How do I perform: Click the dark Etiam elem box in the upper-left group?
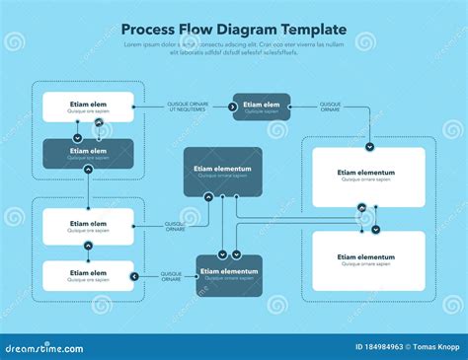click(x=88, y=153)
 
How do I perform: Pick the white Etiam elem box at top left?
click(x=88, y=107)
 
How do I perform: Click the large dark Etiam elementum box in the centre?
click(x=223, y=172)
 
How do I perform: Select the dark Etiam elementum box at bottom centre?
click(x=229, y=275)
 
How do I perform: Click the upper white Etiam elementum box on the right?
click(x=368, y=177)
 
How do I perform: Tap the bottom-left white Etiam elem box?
click(x=88, y=275)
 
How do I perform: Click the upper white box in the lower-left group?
click(x=88, y=226)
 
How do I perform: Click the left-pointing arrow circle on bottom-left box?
click(x=134, y=275)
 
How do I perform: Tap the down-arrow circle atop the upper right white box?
click(x=368, y=146)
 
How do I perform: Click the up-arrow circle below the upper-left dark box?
click(x=88, y=170)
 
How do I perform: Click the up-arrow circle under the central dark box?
click(x=208, y=197)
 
